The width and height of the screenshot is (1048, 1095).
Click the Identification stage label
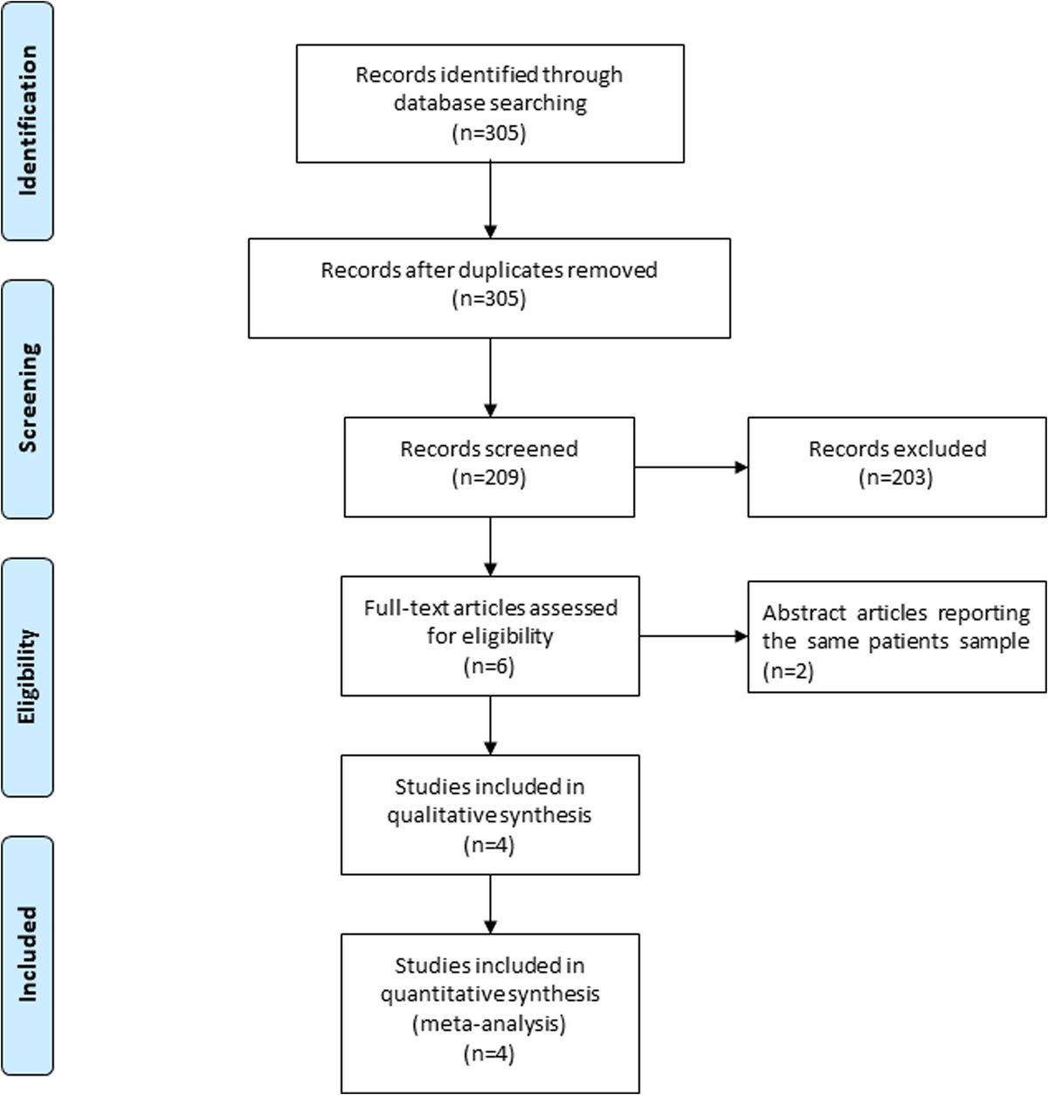coord(27,121)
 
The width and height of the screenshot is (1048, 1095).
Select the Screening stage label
coord(27,398)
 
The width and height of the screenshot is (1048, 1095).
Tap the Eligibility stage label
coord(27,676)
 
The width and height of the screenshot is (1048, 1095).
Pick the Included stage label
coord(27,954)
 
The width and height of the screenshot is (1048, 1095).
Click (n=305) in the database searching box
coord(489,134)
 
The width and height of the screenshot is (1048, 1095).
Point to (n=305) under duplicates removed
coord(489,299)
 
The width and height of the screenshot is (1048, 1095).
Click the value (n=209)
coord(489,478)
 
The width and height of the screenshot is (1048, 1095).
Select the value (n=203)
coord(896,478)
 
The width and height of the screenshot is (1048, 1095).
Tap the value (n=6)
coord(489,666)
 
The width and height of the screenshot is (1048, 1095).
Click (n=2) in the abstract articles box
coord(788,671)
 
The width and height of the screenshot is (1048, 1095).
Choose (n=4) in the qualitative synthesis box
coord(489,845)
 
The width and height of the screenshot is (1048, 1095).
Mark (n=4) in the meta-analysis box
coord(489,1054)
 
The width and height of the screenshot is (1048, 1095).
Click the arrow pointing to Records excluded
coord(691,468)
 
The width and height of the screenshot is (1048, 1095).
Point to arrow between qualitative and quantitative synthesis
coord(490,904)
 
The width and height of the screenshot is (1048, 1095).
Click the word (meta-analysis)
coord(489,1023)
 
